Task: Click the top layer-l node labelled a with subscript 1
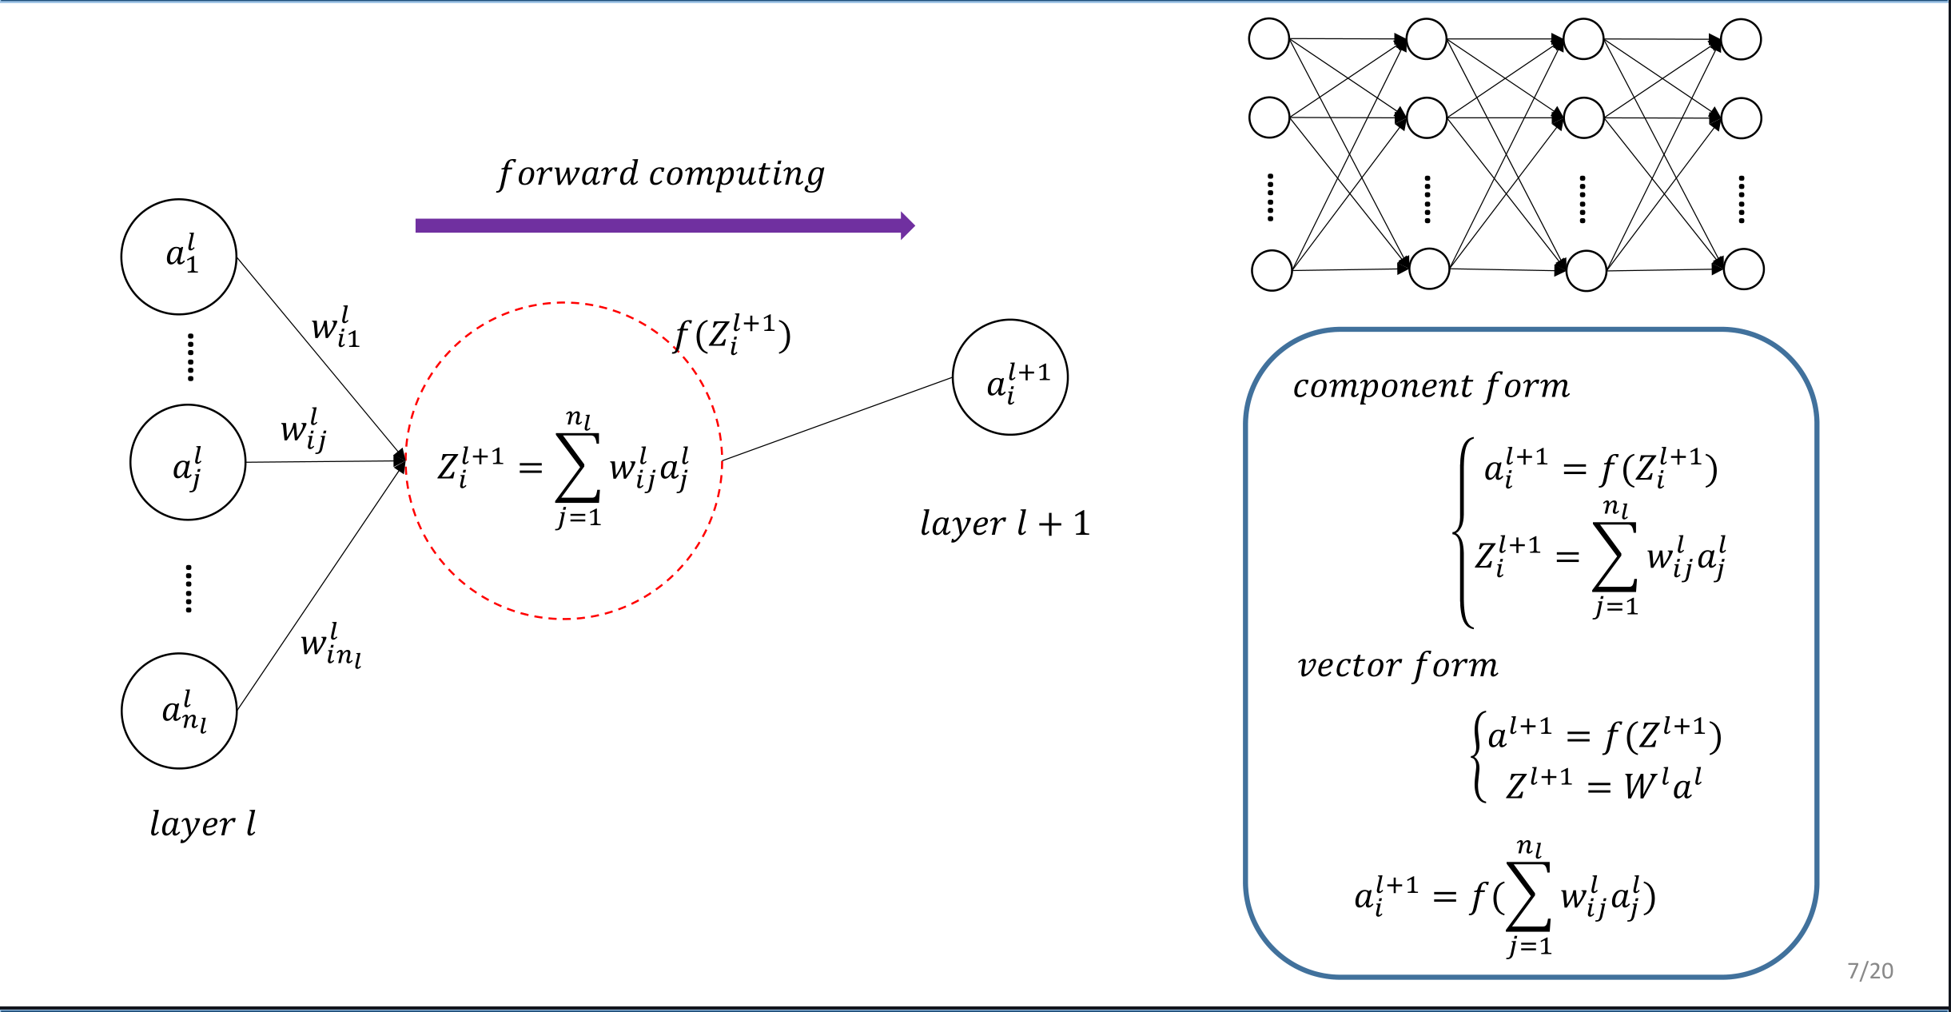pyautogui.click(x=179, y=257)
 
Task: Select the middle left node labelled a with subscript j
pyautogui.click(x=188, y=462)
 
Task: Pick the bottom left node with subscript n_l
pyautogui.click(x=179, y=711)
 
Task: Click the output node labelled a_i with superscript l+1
pyautogui.click(x=1010, y=377)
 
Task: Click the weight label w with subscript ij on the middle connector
pyautogui.click(x=304, y=429)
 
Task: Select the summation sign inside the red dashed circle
pyautogui.click(x=578, y=468)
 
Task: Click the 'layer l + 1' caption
pyautogui.click(x=1005, y=524)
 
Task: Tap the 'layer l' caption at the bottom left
pyautogui.click(x=203, y=824)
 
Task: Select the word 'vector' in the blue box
pyautogui.click(x=1350, y=665)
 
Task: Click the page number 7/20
pyautogui.click(x=1869, y=970)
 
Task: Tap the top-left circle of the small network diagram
pyautogui.click(x=1269, y=39)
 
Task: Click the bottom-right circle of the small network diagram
pyautogui.click(x=1743, y=269)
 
